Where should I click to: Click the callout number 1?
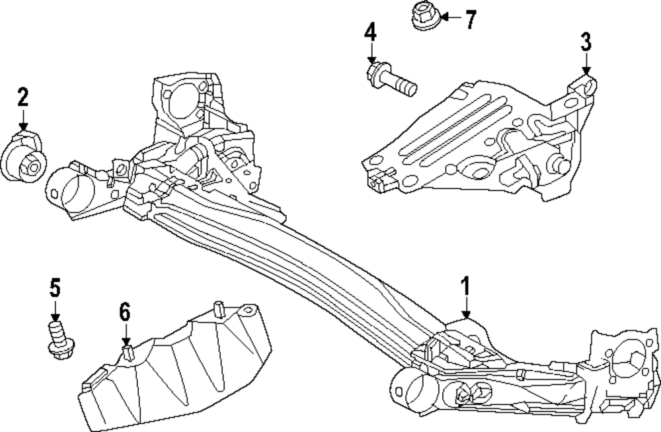pyautogui.click(x=466, y=286)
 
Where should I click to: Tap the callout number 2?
pyautogui.click(x=23, y=98)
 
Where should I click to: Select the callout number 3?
pyautogui.click(x=586, y=42)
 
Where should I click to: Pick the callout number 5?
pyautogui.click(x=55, y=287)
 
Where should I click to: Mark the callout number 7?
pyautogui.click(x=470, y=20)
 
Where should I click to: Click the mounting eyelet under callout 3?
pyautogui.click(x=587, y=85)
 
